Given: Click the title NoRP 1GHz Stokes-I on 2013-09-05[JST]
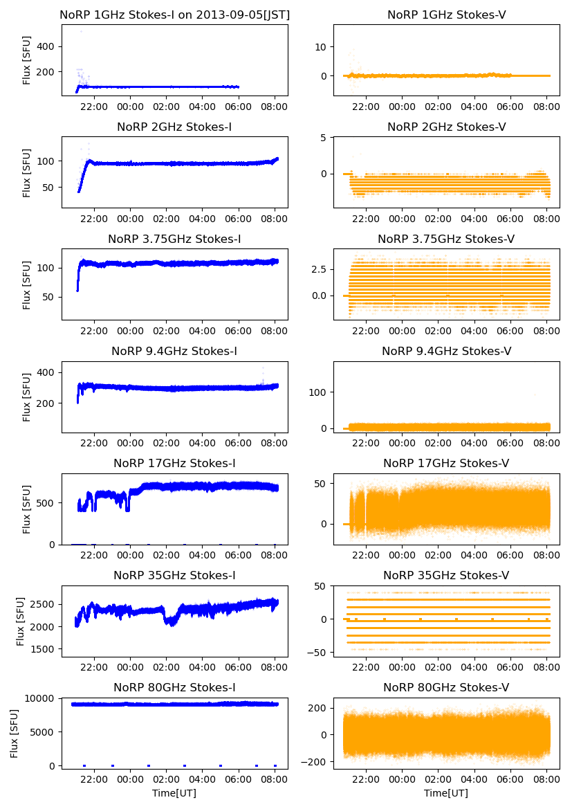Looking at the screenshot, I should [x=174, y=15].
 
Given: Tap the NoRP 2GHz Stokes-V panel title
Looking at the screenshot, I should [x=446, y=127].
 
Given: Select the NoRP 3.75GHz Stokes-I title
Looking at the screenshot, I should [x=174, y=239].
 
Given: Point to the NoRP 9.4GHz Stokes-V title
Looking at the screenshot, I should [x=446, y=352].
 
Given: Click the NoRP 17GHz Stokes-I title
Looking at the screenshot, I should [x=174, y=464].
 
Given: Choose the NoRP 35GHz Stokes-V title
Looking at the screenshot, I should [x=446, y=576].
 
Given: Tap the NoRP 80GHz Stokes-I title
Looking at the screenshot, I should [x=174, y=688].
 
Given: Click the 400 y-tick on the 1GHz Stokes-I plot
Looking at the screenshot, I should [x=46, y=46].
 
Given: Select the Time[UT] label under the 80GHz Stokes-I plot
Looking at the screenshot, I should [x=174, y=793].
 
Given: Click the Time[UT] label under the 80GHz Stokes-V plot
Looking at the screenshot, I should [x=446, y=793].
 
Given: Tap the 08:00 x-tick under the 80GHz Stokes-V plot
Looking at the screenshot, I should [x=547, y=779].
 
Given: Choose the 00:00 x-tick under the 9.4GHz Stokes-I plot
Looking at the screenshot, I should [x=130, y=443].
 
